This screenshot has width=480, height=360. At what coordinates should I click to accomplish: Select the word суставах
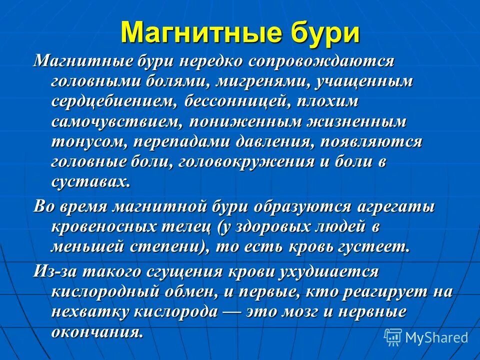[x=90, y=181]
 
